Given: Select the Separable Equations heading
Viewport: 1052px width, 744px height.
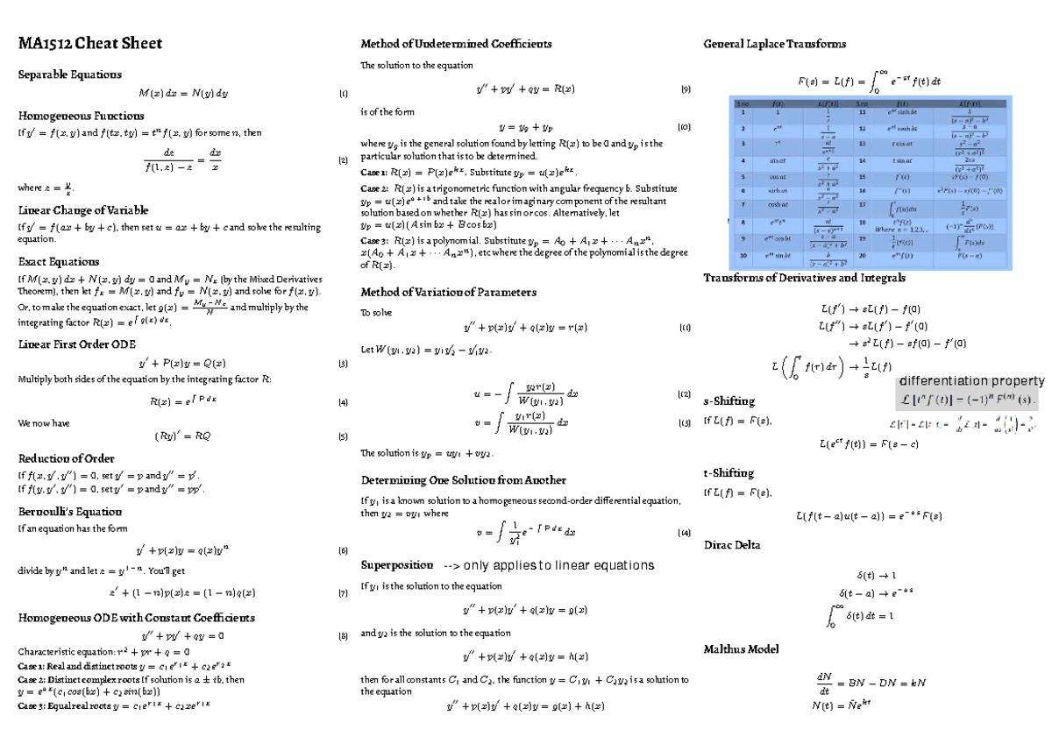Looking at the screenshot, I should pyautogui.click(x=70, y=74).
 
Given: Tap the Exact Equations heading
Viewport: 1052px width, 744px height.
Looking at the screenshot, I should pyautogui.click(x=59, y=261).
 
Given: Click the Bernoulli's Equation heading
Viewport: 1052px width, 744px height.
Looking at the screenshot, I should pyautogui.click(x=70, y=511).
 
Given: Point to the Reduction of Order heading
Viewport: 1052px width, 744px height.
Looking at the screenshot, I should pyautogui.click(x=66, y=458).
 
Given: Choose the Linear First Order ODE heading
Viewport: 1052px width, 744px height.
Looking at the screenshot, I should pyautogui.click(x=77, y=344).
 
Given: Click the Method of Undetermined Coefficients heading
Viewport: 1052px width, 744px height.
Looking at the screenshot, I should pyautogui.click(x=457, y=44).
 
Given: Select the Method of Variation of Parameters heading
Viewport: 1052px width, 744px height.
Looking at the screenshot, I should pyautogui.click(x=448, y=292).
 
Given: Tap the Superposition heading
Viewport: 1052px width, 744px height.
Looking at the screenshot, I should pyautogui.click(x=397, y=564).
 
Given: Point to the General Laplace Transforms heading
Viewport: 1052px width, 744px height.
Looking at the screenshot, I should pyautogui.click(x=775, y=44).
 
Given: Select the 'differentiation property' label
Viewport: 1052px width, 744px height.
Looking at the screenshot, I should pyautogui.click(x=971, y=381).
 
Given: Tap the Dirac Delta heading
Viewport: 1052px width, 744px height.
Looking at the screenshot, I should pyautogui.click(x=732, y=545).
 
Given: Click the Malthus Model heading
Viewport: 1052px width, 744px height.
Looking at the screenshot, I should pyautogui.click(x=741, y=649).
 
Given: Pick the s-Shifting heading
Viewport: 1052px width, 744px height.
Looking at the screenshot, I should pyautogui.click(x=729, y=400).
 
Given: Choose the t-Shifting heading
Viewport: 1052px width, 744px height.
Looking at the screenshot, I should pyautogui.click(x=729, y=473).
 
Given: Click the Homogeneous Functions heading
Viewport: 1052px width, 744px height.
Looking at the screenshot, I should pyautogui.click(x=81, y=115).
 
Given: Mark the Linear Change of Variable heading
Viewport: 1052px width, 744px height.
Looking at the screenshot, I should pyautogui.click(x=83, y=210).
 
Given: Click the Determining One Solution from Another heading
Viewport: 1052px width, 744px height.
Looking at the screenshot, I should pyautogui.click(x=463, y=480).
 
